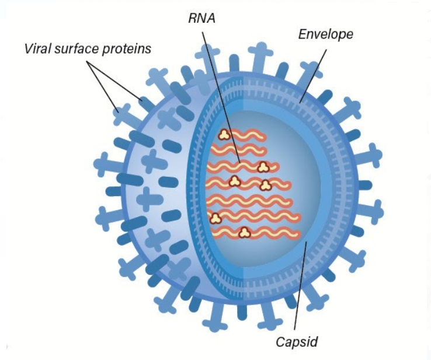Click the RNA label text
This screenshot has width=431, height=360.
[201, 19]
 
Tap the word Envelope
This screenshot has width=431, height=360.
[326, 34]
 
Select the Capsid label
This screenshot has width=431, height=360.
[297, 342]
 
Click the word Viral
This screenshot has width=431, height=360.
[37, 49]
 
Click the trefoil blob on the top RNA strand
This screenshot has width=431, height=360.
[225, 135]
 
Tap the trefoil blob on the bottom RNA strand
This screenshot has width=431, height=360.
[244, 233]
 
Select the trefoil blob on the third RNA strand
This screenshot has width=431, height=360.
[263, 167]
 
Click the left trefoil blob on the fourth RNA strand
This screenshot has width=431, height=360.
[234, 181]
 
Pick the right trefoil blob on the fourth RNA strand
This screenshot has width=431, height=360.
[266, 186]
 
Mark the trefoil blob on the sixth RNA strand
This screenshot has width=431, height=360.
[215, 219]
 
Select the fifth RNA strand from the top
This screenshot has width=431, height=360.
[249, 201]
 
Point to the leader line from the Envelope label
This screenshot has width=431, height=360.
[313, 76]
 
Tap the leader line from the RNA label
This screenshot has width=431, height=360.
[221, 98]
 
